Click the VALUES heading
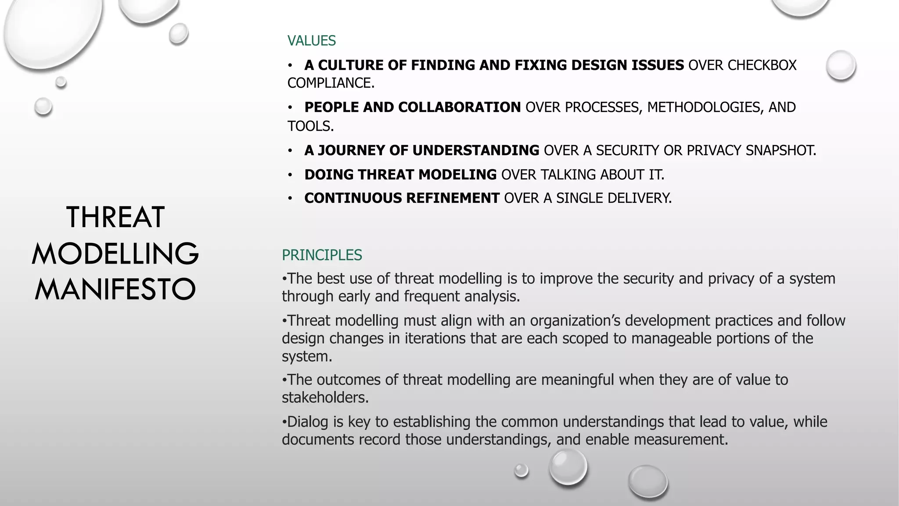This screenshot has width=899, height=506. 311,41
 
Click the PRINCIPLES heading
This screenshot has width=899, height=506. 322,255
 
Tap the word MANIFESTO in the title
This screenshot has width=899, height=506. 115,289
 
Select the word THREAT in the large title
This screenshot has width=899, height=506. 115,217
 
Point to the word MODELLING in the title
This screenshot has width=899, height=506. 115,253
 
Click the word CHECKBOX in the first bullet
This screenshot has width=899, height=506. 762,65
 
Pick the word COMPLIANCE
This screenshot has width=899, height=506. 330,83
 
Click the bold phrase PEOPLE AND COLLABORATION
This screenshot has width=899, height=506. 412,107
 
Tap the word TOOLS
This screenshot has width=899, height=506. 310,126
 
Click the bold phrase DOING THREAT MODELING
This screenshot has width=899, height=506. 400,175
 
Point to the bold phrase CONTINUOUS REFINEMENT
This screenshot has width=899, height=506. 402,198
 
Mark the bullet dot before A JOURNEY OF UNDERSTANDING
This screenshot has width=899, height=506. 290,151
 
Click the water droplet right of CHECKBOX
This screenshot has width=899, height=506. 841,65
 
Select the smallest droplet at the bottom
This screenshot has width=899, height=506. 521,470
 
